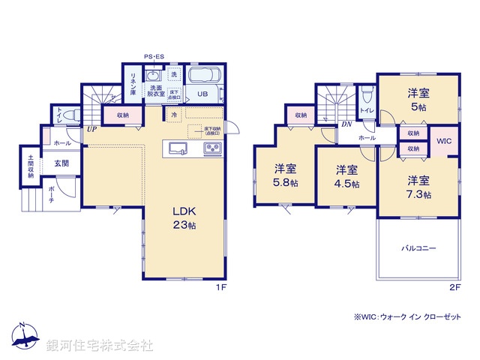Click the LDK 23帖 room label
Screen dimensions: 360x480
[x=184, y=217]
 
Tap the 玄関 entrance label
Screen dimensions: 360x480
[x=61, y=163]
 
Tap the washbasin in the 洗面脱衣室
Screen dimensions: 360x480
[x=153, y=76]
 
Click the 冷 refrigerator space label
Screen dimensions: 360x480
[x=174, y=115]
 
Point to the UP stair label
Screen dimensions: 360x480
[x=91, y=129]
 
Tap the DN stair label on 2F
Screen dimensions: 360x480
[x=346, y=124]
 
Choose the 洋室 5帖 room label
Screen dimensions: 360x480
[x=418, y=100]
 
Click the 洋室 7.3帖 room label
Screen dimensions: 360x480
[x=418, y=187]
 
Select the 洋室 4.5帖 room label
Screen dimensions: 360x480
[x=346, y=175]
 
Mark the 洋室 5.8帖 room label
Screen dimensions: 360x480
[x=285, y=175]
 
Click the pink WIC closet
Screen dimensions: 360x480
[x=442, y=141]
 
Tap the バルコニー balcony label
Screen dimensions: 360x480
[x=418, y=247]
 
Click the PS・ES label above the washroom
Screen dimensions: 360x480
[x=154, y=55]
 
